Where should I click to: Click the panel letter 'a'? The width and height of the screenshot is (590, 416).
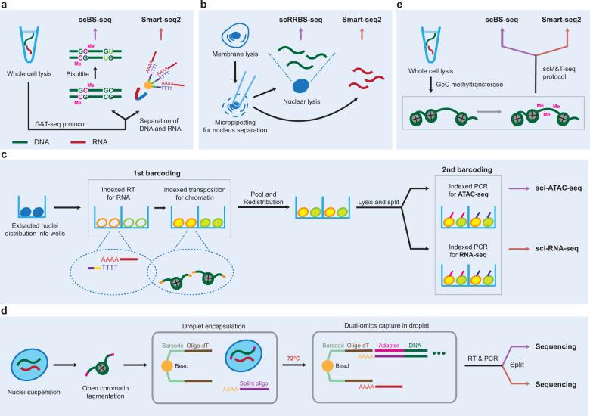(x=5, y=5)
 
